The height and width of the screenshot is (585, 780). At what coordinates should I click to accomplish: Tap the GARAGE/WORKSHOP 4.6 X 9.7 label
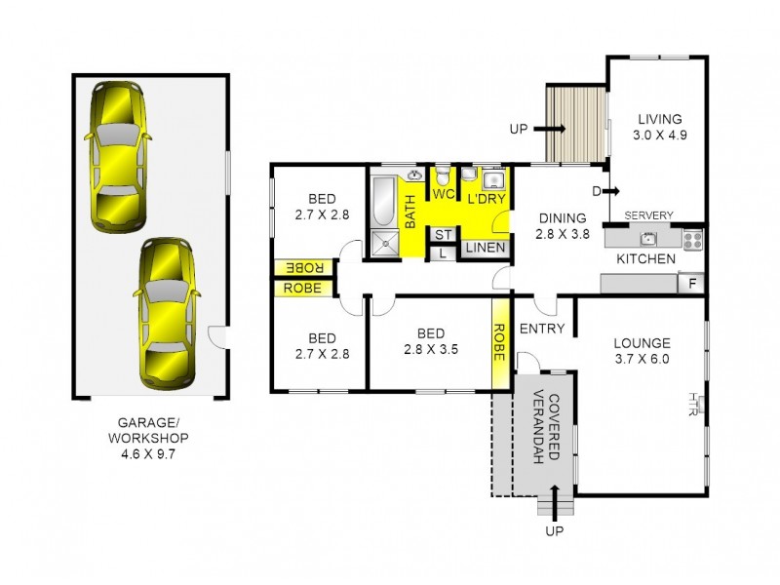[x=150, y=438]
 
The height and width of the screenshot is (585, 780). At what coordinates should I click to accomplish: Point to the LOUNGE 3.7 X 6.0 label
[x=642, y=351]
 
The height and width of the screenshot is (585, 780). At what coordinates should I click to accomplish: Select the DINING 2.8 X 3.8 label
[x=561, y=226]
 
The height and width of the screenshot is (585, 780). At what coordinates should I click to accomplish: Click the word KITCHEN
[x=645, y=259]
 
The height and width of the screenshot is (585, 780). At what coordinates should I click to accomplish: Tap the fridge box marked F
[x=691, y=284]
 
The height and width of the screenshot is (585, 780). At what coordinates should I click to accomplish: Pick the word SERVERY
[x=650, y=215]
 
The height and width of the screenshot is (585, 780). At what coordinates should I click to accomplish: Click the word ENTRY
[x=542, y=329]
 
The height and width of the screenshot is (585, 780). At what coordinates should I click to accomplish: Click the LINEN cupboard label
[x=485, y=249]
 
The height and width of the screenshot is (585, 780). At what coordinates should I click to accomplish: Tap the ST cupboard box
[x=442, y=234]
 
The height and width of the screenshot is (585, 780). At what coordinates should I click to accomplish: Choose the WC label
[x=444, y=194]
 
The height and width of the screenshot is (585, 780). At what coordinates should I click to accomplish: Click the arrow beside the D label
[x=613, y=190]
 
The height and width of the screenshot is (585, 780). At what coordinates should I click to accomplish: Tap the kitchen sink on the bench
[x=646, y=238]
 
